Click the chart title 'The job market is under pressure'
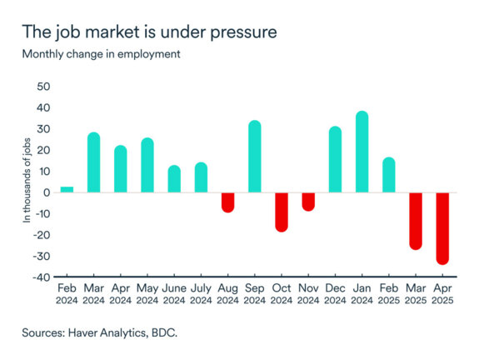[150, 33]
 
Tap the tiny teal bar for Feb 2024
[67, 189]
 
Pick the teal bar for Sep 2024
[255, 157]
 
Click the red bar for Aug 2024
[227, 202]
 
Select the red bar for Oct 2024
[282, 212]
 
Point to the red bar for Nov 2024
[308, 202]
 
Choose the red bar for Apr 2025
[442, 228]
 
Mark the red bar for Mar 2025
[416, 221]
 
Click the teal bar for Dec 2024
[335, 160]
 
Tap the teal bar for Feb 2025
[389, 175]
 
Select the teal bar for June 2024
[174, 179]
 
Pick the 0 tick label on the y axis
[47, 192]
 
